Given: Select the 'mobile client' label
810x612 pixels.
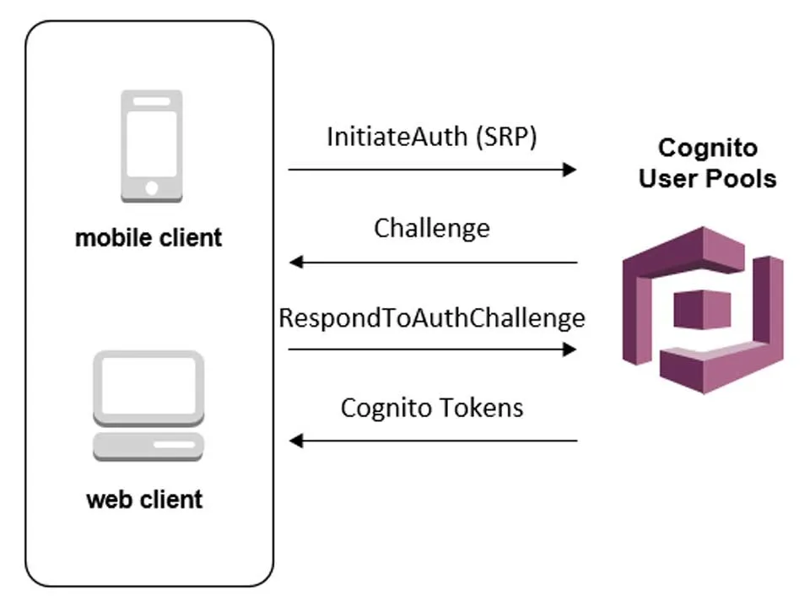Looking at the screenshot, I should (148, 237).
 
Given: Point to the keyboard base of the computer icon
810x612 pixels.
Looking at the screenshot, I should (148, 446).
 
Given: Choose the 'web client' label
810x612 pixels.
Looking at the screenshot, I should (144, 499).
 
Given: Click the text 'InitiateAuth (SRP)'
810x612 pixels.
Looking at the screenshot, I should (431, 136).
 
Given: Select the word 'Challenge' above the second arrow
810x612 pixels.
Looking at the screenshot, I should (431, 228).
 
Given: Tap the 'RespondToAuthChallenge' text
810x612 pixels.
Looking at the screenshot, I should (431, 318).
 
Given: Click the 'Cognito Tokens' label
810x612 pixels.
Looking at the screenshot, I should (431, 408).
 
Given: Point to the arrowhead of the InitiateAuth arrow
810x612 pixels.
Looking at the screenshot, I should (570, 170).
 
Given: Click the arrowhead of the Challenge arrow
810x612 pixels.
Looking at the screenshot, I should (295, 263).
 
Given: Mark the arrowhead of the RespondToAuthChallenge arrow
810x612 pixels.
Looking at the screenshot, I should (570, 349).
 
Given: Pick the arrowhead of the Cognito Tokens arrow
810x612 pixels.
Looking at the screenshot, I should (295, 441).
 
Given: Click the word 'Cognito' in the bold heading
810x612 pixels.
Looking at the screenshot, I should (707, 149).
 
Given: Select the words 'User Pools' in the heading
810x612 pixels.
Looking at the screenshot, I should (707, 178).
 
